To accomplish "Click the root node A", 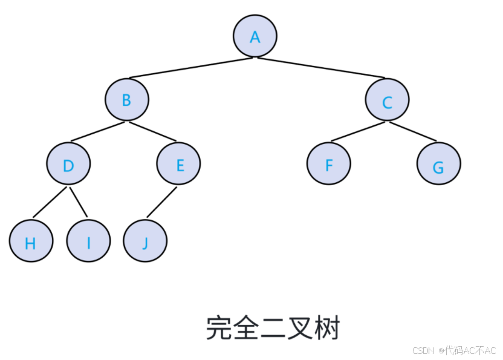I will pos(255,36).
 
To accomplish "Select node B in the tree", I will pos(126,100).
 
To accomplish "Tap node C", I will pos(387,100).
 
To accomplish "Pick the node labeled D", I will pos(68,164).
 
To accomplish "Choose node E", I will pos(178,163).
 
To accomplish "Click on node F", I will pos(328,163).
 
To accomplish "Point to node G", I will pos(438,164).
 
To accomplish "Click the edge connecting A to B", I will pos(190,68).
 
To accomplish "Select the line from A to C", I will pos(321,68).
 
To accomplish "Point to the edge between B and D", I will pos(97,133).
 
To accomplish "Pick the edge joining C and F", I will pos(358,132).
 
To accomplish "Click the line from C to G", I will pos(413,132).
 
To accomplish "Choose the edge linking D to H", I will pos(50,202).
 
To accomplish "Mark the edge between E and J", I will pos(161,202).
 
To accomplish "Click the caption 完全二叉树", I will pos(273,328).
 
